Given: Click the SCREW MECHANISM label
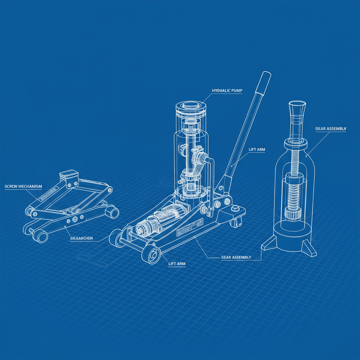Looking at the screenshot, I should (x=23, y=186).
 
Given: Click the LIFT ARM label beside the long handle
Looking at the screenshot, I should (x=257, y=150).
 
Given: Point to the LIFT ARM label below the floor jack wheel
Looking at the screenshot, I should (x=177, y=264).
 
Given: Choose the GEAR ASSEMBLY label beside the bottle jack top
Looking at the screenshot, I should (x=330, y=129).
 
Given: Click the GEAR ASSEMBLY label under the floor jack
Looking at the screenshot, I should (x=236, y=257).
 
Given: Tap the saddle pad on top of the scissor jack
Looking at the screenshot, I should (x=68, y=174).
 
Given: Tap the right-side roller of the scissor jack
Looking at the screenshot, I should (x=112, y=212).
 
